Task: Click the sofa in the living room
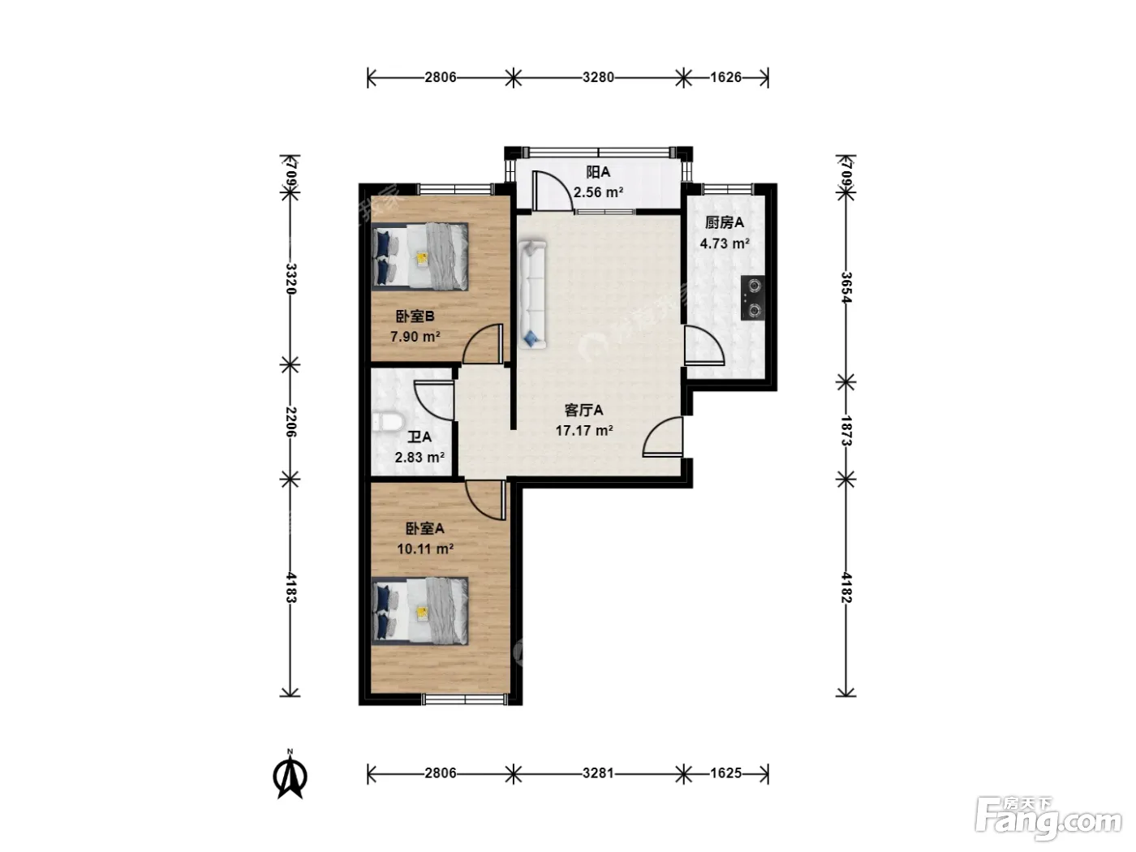tap(532, 294)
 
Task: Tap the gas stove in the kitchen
tap(752, 298)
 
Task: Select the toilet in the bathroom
tap(388, 421)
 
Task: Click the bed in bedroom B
tap(420, 256)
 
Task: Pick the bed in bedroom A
tap(420, 611)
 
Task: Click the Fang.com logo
tap(1048, 820)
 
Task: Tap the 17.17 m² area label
tap(584, 430)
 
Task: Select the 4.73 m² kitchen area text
tap(725, 243)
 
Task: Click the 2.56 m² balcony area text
tap(598, 192)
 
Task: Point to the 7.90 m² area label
tap(415, 337)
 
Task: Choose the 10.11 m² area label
tap(425, 549)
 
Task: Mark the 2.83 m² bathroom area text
tap(420, 458)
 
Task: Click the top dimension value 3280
tap(598, 78)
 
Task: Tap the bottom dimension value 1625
tap(725, 772)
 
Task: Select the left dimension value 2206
tap(290, 422)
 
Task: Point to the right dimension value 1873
tap(846, 430)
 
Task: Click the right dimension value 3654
tap(846, 287)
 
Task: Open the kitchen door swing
tap(704, 345)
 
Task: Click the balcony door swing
tap(553, 191)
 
